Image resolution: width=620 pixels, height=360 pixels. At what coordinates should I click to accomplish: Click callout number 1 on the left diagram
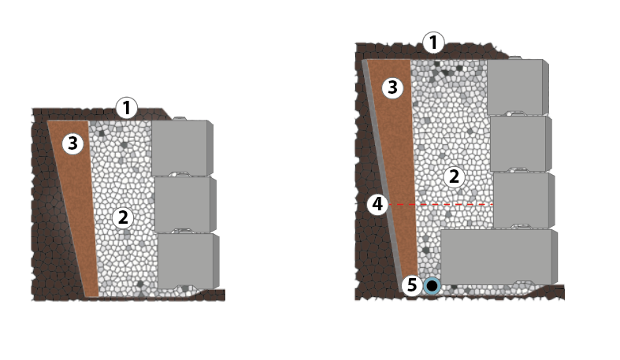[x=127, y=108]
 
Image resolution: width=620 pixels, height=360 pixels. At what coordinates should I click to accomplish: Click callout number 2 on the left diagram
[x=123, y=217]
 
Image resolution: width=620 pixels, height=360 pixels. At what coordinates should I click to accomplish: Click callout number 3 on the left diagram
[x=72, y=143]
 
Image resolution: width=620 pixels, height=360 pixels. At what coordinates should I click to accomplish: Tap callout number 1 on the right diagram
[x=433, y=43]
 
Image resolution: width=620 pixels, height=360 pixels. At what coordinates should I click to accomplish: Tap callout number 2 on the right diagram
[x=454, y=176]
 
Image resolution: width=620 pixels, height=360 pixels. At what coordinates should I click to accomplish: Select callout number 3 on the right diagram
[x=392, y=87]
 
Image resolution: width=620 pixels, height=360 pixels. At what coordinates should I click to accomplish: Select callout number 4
[x=377, y=204]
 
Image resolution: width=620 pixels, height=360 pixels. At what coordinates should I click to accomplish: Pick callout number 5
[x=412, y=285]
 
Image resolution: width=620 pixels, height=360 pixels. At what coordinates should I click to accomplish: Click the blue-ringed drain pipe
[x=433, y=286]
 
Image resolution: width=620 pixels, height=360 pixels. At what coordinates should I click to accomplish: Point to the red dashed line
[x=441, y=205]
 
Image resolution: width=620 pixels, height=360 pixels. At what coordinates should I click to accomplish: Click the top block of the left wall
[x=182, y=147]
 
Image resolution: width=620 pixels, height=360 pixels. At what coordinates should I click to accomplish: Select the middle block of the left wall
[x=185, y=204]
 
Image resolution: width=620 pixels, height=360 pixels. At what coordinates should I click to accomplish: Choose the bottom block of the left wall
[x=188, y=261]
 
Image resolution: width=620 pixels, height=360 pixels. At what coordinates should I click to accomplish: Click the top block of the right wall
[x=518, y=87]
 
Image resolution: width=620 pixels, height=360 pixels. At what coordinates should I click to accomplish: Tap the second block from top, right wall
[x=521, y=143]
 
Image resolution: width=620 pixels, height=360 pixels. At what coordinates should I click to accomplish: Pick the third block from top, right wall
[x=524, y=200]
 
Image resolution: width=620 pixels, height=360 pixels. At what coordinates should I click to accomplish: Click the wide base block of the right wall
[x=499, y=257]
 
